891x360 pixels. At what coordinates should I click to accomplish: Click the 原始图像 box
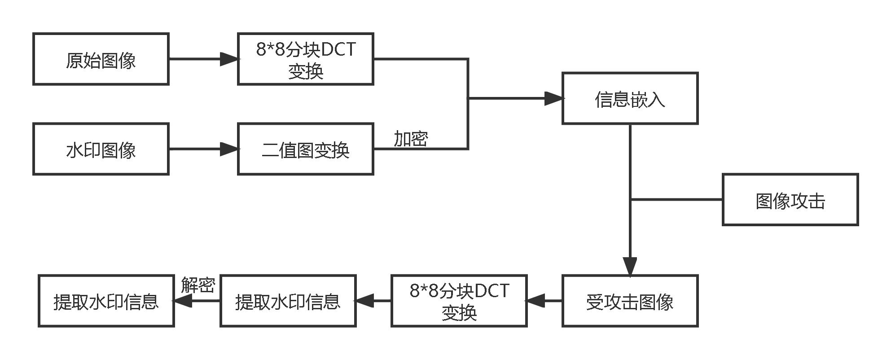pyautogui.click(x=101, y=59)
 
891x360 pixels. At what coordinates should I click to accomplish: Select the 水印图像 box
pyautogui.click(x=101, y=149)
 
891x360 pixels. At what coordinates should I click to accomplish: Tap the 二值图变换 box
pyautogui.click(x=306, y=149)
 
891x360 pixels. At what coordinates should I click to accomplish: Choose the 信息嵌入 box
pyautogui.click(x=630, y=98)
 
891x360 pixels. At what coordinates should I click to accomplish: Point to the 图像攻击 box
pyautogui.click(x=790, y=200)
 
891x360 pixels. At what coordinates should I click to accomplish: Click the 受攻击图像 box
pyautogui.click(x=630, y=301)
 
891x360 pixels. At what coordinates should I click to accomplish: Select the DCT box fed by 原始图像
pyautogui.click(x=306, y=59)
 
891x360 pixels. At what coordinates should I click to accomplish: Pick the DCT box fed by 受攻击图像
pyautogui.click(x=459, y=301)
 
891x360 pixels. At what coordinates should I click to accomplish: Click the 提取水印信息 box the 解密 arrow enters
pyautogui.click(x=106, y=301)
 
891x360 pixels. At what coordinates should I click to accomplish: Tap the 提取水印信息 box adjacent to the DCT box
pyautogui.click(x=288, y=301)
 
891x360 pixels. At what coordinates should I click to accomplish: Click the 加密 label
pyautogui.click(x=411, y=139)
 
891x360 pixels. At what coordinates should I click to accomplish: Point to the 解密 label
pyautogui.click(x=198, y=285)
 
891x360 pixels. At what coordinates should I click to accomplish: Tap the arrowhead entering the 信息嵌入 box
pyautogui.click(x=553, y=98)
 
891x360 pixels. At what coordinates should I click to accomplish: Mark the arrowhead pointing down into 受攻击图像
pyautogui.click(x=630, y=266)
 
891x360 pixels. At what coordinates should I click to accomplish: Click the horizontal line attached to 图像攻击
pyautogui.click(x=676, y=199)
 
